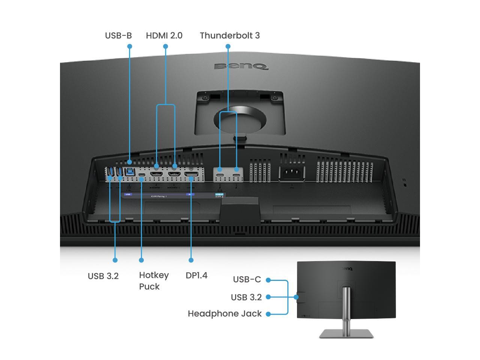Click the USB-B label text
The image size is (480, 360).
pos(118,36)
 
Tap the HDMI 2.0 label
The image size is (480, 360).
pos(164,36)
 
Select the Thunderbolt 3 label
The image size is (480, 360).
pos(229,36)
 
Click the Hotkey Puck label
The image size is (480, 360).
pos(154,280)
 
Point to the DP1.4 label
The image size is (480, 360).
pos(196,275)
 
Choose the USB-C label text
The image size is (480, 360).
pos(247,279)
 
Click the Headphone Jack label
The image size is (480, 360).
pos(225,313)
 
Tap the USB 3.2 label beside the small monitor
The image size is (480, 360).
pos(246,297)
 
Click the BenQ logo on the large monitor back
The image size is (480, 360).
pos(241,67)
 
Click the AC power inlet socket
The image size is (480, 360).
pos(291,174)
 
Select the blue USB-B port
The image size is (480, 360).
pos(130,172)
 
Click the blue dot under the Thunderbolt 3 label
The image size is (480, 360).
pos(228,46)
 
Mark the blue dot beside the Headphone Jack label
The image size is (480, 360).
pos(268,314)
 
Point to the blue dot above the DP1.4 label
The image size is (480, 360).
pos(191,260)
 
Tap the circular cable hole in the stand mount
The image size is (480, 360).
pos(240,120)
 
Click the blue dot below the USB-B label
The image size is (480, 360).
pos(130,46)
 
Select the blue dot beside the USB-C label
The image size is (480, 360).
pos(268,280)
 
